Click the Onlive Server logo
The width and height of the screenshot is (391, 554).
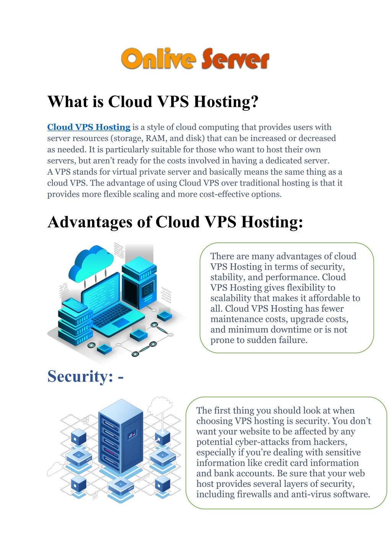point(195,58)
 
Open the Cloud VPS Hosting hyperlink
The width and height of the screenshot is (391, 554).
point(89,127)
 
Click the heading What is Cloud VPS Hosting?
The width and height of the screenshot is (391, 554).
point(153,101)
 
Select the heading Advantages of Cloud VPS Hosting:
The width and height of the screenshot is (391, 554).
point(175,222)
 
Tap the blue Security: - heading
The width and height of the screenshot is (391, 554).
point(85,376)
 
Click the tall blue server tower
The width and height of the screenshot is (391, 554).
point(121,436)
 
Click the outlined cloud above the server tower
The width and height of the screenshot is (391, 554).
point(160,405)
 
